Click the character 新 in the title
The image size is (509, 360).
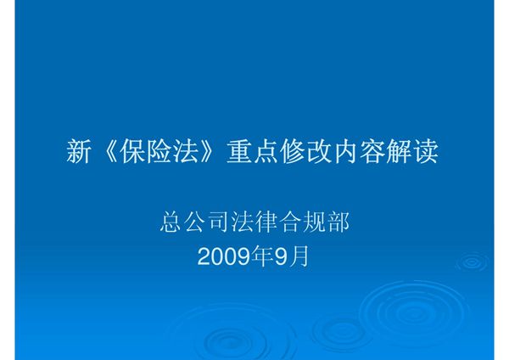(x=79, y=152)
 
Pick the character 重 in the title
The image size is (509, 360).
(x=239, y=152)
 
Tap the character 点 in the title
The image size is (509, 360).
(x=266, y=152)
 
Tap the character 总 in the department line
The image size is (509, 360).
(x=171, y=223)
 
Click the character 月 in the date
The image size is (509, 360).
(x=300, y=255)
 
